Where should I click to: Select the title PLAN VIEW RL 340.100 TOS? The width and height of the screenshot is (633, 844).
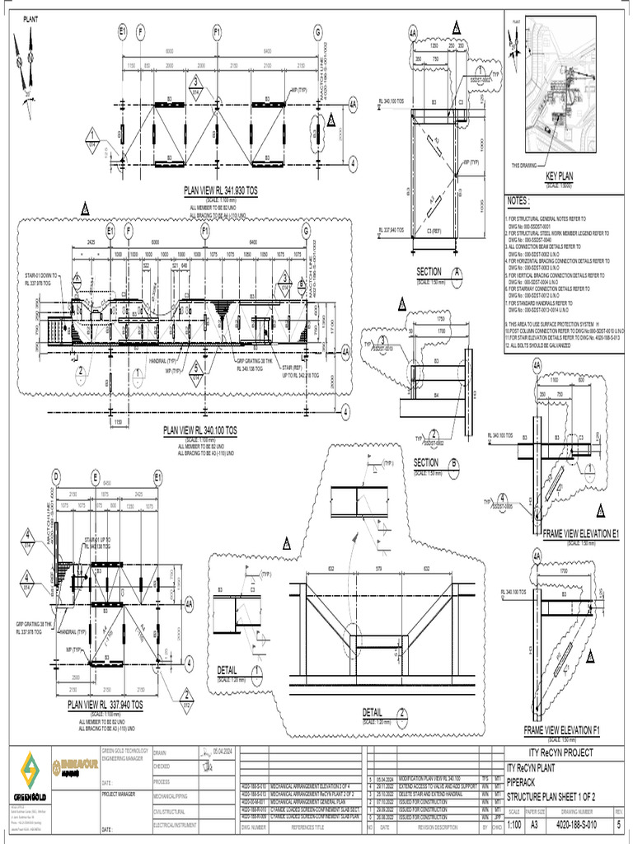tap(200, 429)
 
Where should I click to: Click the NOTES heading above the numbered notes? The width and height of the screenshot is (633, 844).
tap(518, 200)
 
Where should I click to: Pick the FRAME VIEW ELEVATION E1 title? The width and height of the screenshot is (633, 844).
tap(580, 534)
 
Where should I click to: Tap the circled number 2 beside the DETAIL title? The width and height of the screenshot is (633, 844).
tap(402, 712)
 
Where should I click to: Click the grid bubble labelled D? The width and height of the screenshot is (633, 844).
tap(56, 478)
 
